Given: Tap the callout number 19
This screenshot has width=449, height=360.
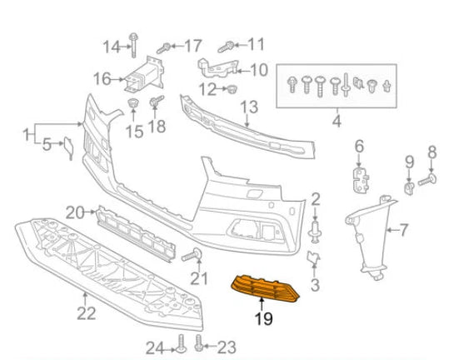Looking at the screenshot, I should (x=264, y=317).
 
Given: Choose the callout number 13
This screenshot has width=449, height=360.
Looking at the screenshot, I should (x=247, y=107).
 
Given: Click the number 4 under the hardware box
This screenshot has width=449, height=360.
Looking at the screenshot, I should (x=337, y=122).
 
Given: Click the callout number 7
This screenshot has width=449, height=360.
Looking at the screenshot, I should (x=404, y=228).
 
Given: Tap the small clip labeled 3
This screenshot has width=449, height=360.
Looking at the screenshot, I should (x=312, y=261).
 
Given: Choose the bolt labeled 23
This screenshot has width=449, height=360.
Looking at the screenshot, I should (x=198, y=341).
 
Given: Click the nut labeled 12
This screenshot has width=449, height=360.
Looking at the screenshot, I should (x=232, y=87).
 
